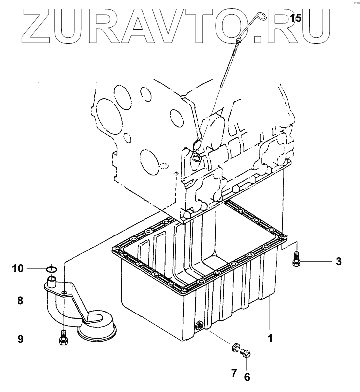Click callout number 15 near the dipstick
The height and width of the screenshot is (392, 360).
295,19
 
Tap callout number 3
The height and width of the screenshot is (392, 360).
338,261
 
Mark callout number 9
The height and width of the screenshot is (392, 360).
21,339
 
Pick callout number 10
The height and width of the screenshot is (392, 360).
18,269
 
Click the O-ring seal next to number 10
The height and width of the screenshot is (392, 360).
51,270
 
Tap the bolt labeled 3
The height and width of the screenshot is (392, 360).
297,258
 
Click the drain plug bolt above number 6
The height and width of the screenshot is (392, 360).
246,354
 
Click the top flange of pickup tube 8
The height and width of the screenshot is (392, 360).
51,284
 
